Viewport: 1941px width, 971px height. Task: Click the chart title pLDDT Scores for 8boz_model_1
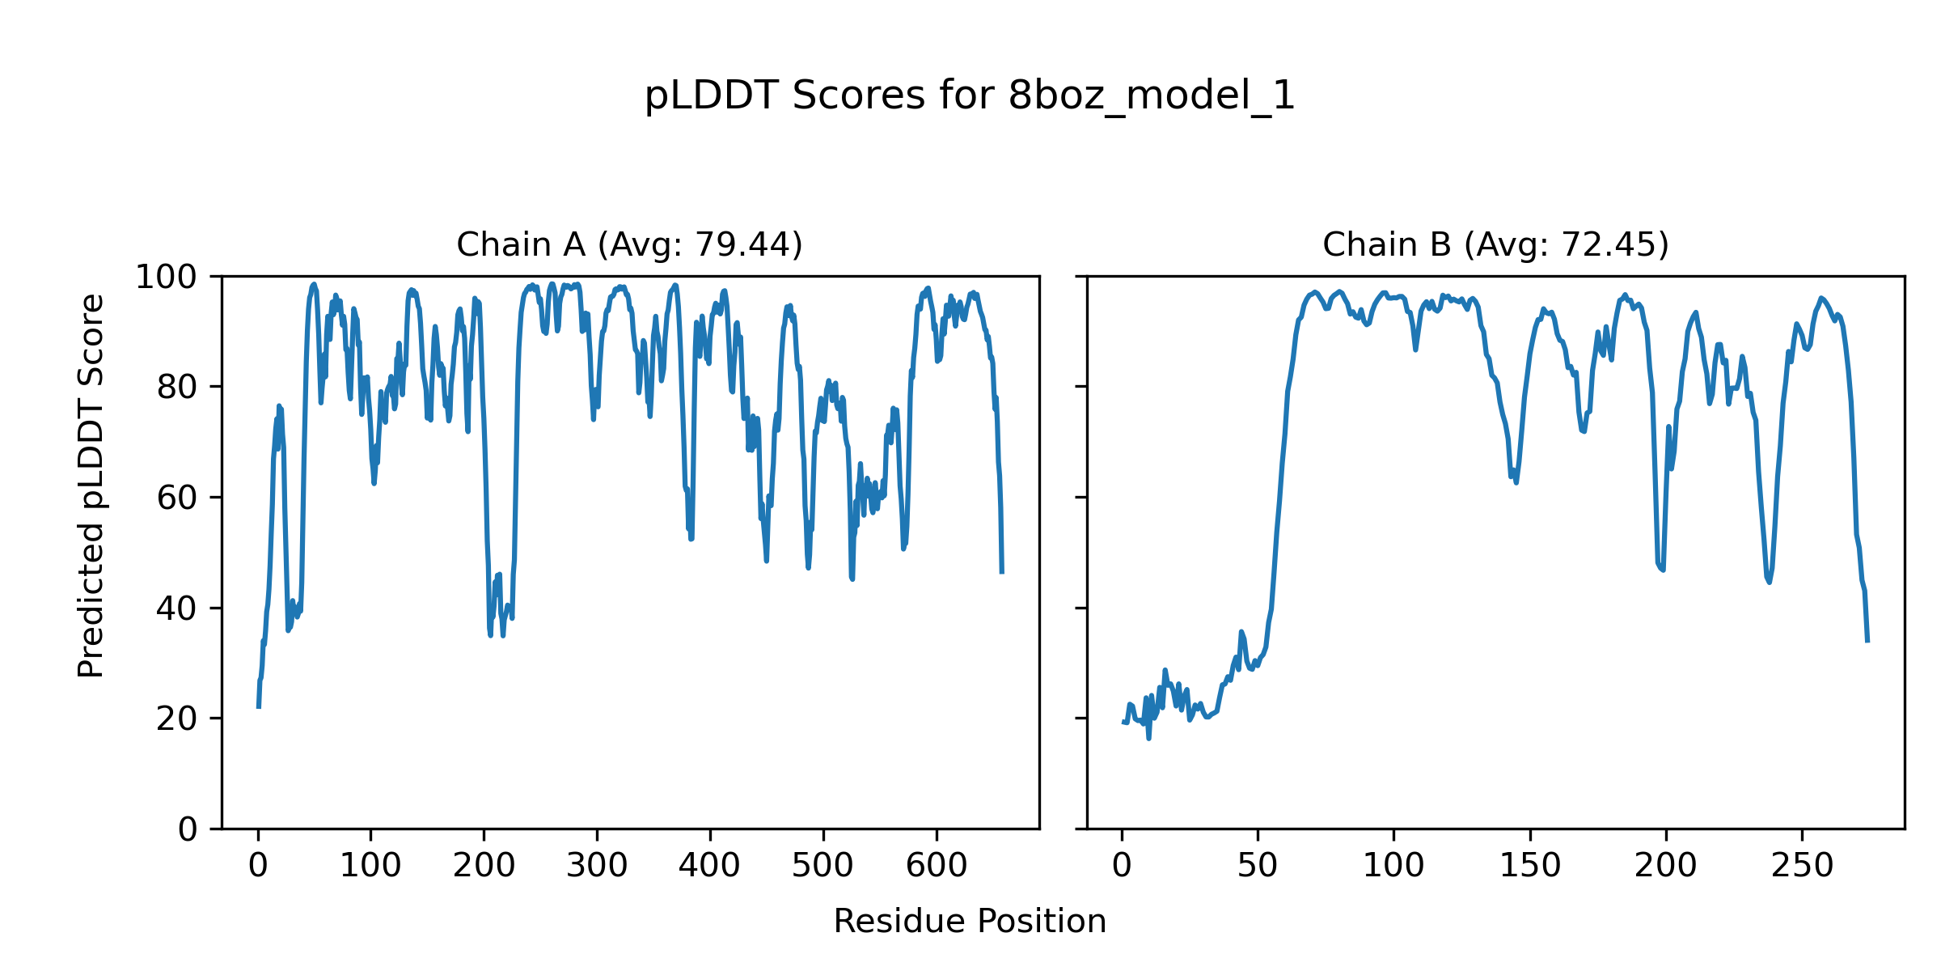tap(970, 96)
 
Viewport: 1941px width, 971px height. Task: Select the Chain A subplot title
tap(629, 244)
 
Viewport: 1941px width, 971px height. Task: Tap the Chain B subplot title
tap(1495, 244)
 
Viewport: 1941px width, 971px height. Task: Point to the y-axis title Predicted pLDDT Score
tap(91, 485)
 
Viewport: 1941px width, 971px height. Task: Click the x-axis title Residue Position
tap(970, 922)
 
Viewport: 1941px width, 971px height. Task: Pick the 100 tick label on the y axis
tap(166, 278)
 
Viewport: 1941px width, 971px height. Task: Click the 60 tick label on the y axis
tap(177, 498)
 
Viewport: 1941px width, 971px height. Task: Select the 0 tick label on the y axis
tap(188, 829)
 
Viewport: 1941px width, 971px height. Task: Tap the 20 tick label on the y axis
tap(177, 719)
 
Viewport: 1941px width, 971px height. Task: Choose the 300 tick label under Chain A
tap(597, 867)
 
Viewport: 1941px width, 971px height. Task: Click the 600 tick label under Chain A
tap(937, 867)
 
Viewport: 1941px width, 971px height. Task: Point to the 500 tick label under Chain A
tap(823, 867)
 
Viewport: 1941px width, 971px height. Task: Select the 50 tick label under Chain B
tap(1258, 867)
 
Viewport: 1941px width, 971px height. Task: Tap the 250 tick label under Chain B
tap(1802, 867)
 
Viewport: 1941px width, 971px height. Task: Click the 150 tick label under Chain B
tap(1530, 867)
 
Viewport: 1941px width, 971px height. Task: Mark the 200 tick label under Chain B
tap(1666, 867)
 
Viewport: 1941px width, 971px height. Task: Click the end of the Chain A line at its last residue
tap(1002, 572)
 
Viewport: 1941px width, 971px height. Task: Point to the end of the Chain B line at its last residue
tap(1867, 641)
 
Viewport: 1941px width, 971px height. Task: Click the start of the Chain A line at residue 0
tap(259, 706)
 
